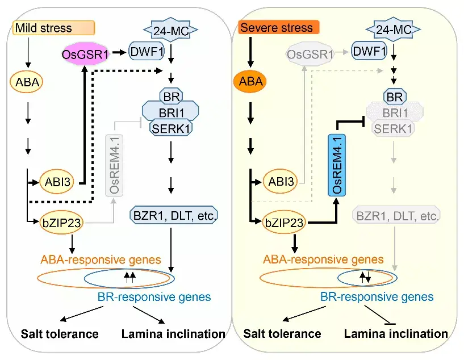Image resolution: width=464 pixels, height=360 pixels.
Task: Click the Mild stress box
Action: pos(52,27)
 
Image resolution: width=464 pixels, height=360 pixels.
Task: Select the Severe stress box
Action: pos(278,27)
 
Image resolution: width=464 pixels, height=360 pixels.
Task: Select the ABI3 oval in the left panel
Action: pos(56,183)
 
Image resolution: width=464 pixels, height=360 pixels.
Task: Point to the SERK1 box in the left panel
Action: pos(170,128)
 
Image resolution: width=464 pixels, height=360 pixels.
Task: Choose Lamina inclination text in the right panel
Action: pos(396,333)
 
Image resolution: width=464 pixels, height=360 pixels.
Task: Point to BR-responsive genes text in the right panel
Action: pos(377,296)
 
